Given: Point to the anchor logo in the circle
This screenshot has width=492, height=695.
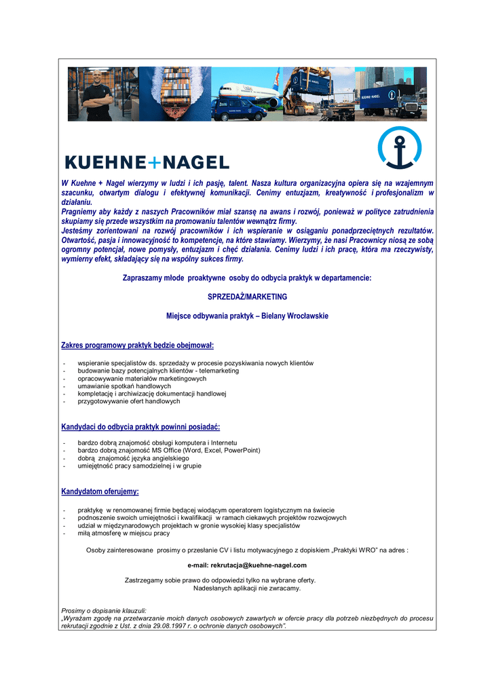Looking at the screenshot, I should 399,147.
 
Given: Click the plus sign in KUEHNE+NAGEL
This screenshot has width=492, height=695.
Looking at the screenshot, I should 155,162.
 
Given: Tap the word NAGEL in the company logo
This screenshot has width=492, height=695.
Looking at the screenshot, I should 196,162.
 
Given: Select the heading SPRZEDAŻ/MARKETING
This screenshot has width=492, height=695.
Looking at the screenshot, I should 247,297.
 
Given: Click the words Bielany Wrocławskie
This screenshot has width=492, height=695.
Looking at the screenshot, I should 296,316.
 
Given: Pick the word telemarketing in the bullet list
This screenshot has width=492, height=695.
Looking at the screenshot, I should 219,371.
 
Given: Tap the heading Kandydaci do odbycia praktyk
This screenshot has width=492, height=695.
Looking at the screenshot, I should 140,427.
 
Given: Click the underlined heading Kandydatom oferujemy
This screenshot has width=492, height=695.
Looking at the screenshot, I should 100,491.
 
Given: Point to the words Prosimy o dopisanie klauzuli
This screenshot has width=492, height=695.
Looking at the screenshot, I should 104,611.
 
